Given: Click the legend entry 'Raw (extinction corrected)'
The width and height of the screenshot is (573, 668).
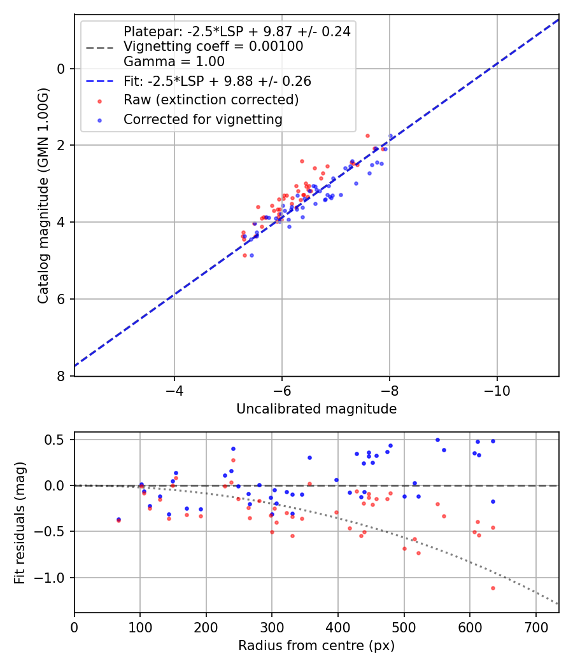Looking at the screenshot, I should pos(211,100).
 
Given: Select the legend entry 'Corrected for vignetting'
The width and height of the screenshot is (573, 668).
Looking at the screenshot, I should pos(202,119).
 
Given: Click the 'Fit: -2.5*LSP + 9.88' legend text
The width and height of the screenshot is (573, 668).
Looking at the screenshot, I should pos(217,81).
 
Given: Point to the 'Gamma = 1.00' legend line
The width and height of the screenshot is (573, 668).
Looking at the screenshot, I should pos(174,62).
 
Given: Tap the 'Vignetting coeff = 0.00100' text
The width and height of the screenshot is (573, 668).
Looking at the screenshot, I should pos(213,46).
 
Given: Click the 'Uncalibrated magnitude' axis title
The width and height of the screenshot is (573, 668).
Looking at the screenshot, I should pos(316,409).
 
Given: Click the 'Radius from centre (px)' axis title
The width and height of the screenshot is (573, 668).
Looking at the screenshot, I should pos(316,646).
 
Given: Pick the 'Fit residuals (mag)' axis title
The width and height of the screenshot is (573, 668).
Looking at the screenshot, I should pos(20,522).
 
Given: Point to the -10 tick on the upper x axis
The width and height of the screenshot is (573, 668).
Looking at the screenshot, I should pos(497,389).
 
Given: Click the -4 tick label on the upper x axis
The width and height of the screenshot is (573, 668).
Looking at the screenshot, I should pos(174,389).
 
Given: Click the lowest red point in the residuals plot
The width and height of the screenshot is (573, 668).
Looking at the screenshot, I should pos(493,588).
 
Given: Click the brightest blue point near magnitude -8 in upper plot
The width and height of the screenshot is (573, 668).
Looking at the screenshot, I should pos(390,136).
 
